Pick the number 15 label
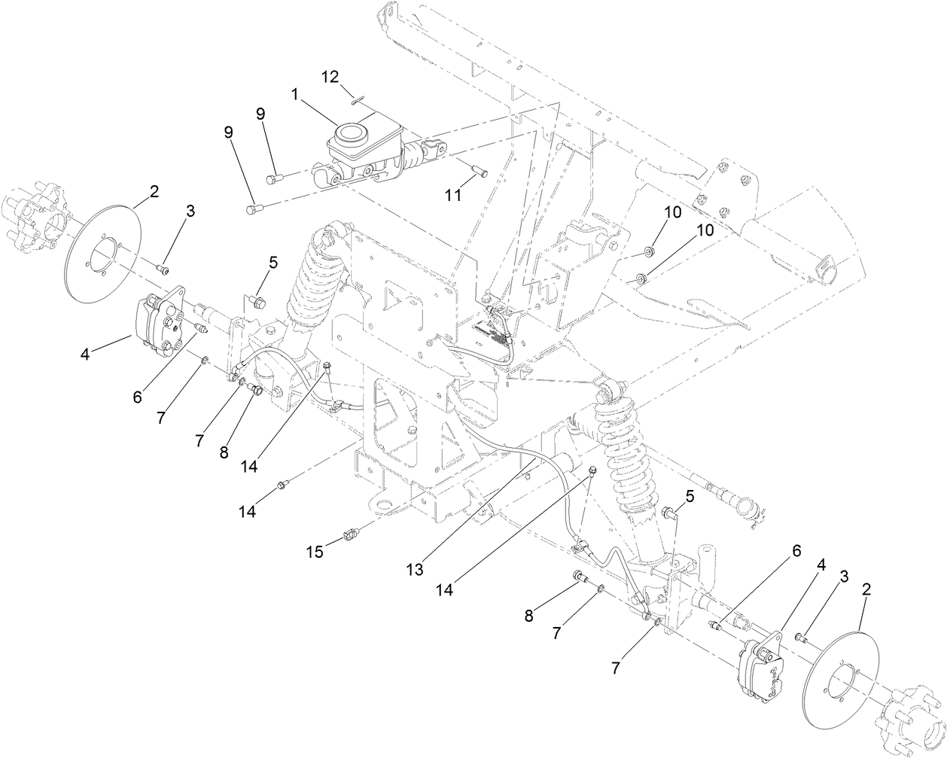315,552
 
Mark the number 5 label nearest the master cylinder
273,262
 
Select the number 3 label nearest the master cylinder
190,212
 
